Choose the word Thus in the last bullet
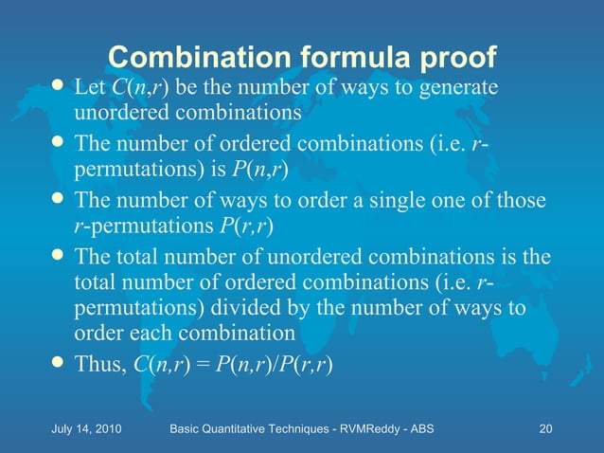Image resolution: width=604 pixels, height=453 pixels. click(x=99, y=366)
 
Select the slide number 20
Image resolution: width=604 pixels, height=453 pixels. click(x=544, y=429)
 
